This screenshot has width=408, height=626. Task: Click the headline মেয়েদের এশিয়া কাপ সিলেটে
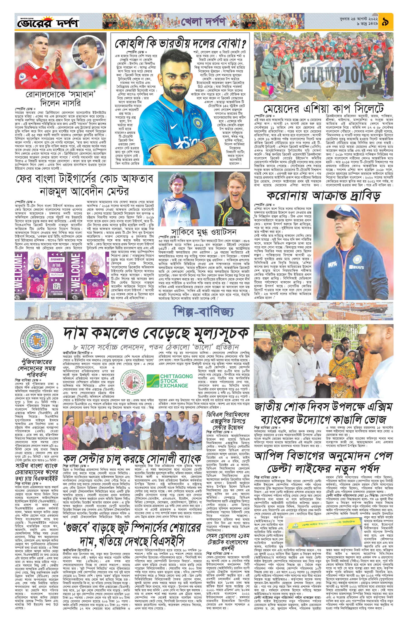pos(323,108)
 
